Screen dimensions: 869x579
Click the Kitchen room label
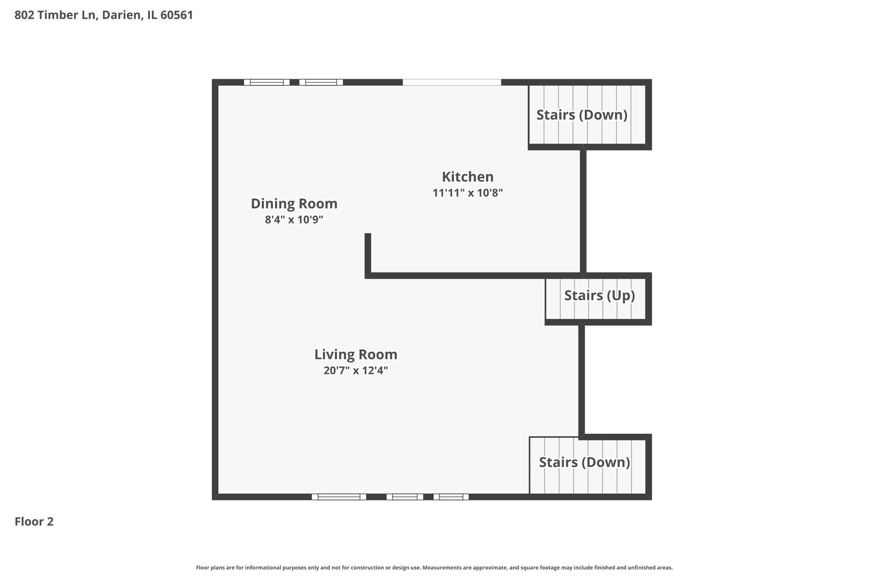point(467,177)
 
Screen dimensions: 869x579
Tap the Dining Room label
point(294,204)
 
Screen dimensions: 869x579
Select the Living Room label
point(356,354)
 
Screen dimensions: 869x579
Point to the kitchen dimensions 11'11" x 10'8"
point(467,193)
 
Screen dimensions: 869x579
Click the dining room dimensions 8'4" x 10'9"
point(294,220)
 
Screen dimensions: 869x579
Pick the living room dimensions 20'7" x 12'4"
point(356,370)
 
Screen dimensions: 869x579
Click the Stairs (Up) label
point(599,295)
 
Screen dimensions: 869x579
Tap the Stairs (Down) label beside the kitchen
point(582,115)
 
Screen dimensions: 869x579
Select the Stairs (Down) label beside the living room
point(585,462)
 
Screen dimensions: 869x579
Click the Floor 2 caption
point(34,522)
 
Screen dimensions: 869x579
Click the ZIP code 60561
point(176,14)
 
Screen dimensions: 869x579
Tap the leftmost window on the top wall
point(267,82)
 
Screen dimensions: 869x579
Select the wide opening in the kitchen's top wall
point(452,82)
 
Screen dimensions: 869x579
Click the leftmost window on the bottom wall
point(338,497)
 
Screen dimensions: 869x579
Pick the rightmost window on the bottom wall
point(451,497)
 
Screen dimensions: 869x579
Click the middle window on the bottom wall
point(404,497)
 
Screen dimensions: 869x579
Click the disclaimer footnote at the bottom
point(434,567)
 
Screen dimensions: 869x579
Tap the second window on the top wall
point(321,82)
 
